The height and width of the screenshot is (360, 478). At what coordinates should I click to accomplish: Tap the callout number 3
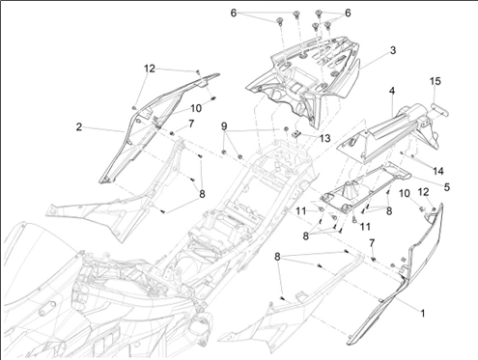click(x=393, y=49)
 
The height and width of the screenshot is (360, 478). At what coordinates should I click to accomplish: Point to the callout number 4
click(x=392, y=93)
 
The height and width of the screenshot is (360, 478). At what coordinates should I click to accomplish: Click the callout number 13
click(x=324, y=139)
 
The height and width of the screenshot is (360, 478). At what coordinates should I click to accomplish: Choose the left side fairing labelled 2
click(x=145, y=135)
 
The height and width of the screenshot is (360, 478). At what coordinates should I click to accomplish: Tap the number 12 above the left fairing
click(x=149, y=69)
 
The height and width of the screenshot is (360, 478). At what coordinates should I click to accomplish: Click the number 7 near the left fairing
click(x=190, y=125)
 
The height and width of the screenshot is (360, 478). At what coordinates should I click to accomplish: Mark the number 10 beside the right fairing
click(x=404, y=194)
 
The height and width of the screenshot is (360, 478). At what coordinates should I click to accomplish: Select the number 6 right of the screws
click(x=348, y=12)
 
